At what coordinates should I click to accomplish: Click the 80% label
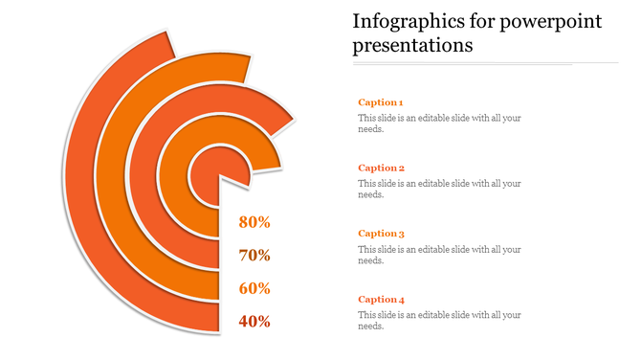click(x=254, y=222)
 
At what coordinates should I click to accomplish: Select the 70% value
click(x=254, y=256)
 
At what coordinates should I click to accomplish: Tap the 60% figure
click(x=254, y=288)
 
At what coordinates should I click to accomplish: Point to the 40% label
click(x=254, y=322)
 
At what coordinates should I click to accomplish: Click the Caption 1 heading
click(x=380, y=101)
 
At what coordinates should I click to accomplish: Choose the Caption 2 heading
click(x=380, y=168)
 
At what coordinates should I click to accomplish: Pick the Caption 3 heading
click(x=380, y=233)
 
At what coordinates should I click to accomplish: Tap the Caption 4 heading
click(x=380, y=299)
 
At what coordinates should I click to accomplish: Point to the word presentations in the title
click(x=411, y=45)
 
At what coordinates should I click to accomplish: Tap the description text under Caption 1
click(x=438, y=124)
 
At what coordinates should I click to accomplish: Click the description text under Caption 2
click(x=438, y=189)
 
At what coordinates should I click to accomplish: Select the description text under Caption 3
click(x=438, y=255)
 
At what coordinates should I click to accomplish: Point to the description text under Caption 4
click(x=438, y=320)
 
